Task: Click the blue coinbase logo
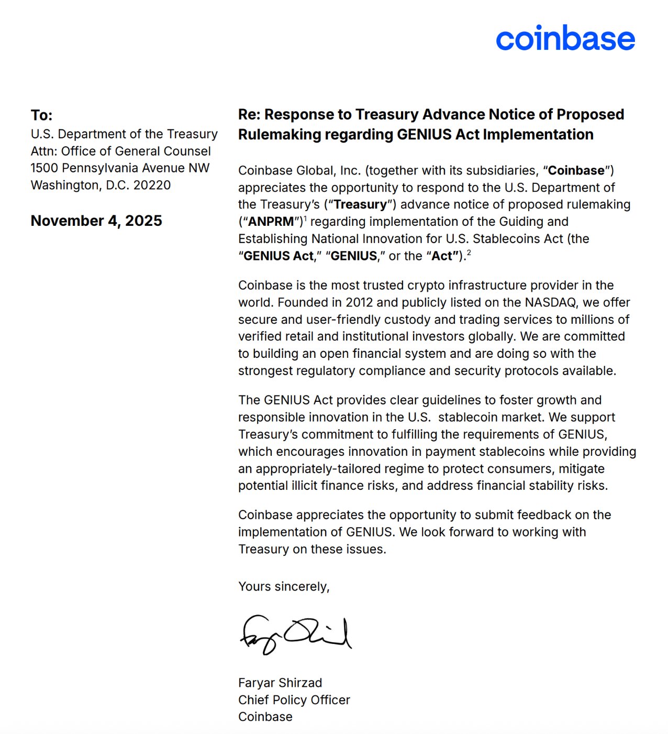(x=565, y=39)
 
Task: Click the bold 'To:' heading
(x=41, y=115)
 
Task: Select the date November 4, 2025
(x=96, y=221)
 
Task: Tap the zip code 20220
(x=152, y=185)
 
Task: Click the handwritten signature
(x=295, y=634)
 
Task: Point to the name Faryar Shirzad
(x=280, y=683)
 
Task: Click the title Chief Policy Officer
(x=294, y=700)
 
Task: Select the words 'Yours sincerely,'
(x=284, y=586)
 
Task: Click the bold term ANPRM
(x=271, y=222)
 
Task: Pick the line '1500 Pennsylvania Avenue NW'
(x=120, y=168)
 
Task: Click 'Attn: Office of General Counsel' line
(x=120, y=151)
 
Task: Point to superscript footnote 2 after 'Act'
(x=469, y=253)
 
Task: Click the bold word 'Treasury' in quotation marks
(x=360, y=204)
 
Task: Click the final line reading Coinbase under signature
(x=265, y=717)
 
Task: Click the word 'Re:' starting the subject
(x=249, y=115)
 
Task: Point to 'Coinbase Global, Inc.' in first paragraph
(x=299, y=171)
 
